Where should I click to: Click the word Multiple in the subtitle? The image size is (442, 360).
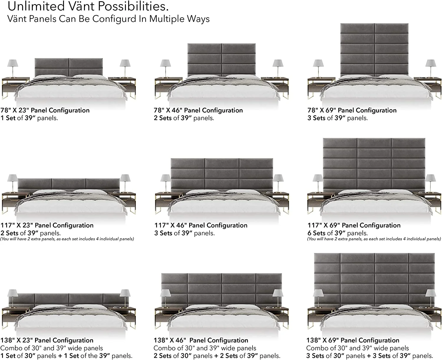coord(167,19)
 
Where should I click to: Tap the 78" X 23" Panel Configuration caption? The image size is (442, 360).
coord(45,110)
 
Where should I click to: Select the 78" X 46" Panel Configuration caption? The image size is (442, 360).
coord(198,110)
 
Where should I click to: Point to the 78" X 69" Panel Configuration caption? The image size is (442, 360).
coord(352,110)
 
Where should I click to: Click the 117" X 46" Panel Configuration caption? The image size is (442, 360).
coord(201,225)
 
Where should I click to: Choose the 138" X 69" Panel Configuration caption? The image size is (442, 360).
coord(353,340)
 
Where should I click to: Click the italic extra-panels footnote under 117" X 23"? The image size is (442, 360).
coord(67,239)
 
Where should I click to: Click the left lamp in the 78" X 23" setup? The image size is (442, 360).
coord(12,67)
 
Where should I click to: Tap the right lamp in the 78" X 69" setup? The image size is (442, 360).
coord(430,67)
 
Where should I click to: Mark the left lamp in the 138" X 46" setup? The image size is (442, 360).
coord(166,296)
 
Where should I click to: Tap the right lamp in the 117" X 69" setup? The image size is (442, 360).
coord(430,181)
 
